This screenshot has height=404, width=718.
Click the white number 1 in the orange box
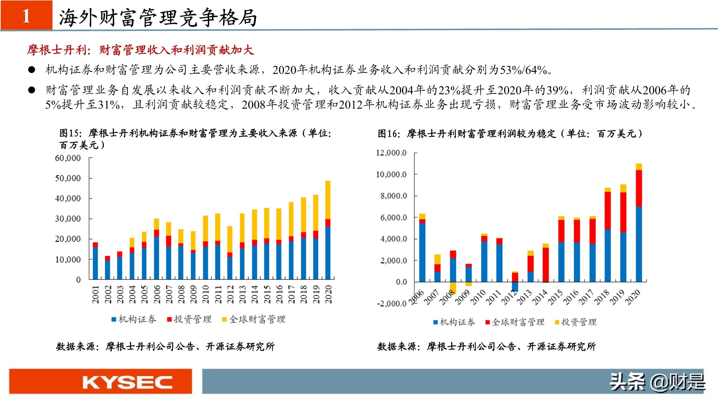click(26, 16)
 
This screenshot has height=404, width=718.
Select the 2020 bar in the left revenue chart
click(328, 230)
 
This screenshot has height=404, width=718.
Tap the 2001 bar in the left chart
click(95, 261)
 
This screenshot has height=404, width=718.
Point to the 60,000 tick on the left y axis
click(68, 158)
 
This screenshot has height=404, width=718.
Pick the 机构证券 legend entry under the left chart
click(134, 319)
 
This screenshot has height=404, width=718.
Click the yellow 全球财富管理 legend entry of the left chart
click(254, 319)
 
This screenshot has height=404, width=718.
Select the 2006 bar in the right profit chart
click(422, 248)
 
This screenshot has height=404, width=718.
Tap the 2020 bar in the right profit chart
click(639, 223)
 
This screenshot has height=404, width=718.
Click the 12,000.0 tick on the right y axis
click(391, 153)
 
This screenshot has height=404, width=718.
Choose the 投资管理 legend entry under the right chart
click(576, 322)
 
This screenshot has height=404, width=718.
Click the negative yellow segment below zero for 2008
click(453, 287)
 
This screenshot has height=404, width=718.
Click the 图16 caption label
click(389, 134)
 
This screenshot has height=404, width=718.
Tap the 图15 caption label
click(70, 133)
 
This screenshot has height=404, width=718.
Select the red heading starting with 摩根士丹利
click(140, 50)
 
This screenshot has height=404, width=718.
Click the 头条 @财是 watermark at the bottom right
click(657, 382)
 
